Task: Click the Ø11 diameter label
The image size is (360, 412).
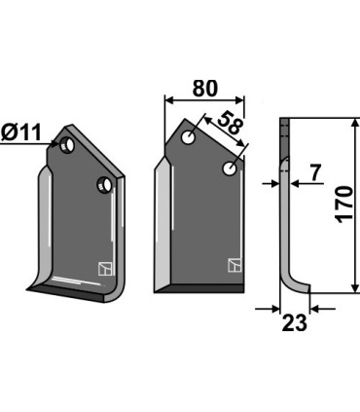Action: pos(21,132)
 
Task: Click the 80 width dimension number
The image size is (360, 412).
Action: pos(205,88)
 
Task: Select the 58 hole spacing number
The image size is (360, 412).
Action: pos(231,123)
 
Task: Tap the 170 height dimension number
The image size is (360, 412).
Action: pos(344,205)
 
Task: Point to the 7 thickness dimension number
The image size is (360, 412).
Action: pos(314,172)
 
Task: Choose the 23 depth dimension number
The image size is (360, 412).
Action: pos(294,323)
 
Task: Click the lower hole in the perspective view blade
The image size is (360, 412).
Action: pos(104,184)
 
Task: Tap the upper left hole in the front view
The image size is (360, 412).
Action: pos(188,137)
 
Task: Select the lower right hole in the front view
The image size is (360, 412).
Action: pos(230,169)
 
